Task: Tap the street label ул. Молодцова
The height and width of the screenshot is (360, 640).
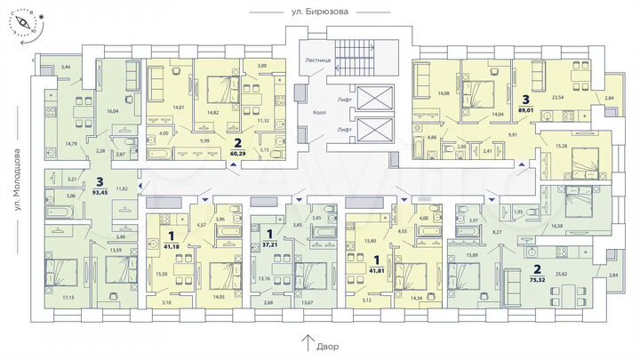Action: [x=17, y=182]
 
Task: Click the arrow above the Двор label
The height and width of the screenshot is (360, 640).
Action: [x=307, y=340]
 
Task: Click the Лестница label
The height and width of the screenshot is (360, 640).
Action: [x=317, y=60]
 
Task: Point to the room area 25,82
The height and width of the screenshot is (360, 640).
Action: [x=562, y=275]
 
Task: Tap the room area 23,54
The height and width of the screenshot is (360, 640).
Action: [x=560, y=99]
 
